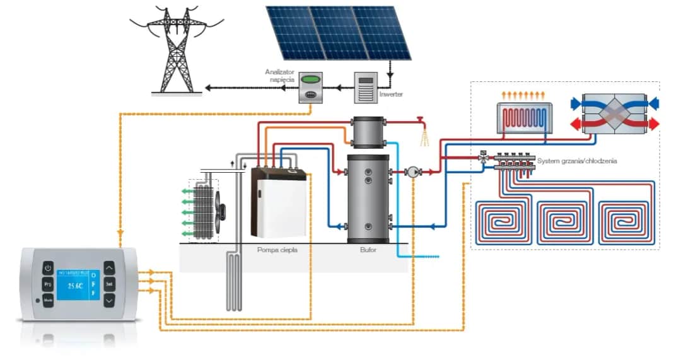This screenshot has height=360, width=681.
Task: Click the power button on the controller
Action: [48, 268]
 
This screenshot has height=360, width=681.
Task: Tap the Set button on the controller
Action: [109, 284]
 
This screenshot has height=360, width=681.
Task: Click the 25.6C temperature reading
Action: [79, 286]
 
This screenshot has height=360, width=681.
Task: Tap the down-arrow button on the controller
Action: [109, 300]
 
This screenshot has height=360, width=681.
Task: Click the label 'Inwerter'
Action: [391, 95]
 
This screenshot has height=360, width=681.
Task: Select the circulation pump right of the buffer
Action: [413, 171]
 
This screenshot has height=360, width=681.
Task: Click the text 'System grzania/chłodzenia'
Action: [576, 161]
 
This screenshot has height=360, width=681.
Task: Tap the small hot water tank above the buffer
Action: [368, 132]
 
